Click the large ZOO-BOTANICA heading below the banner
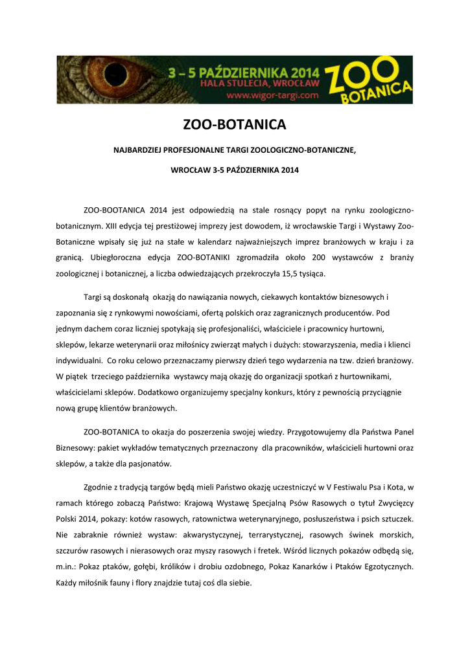click(x=235, y=125)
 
